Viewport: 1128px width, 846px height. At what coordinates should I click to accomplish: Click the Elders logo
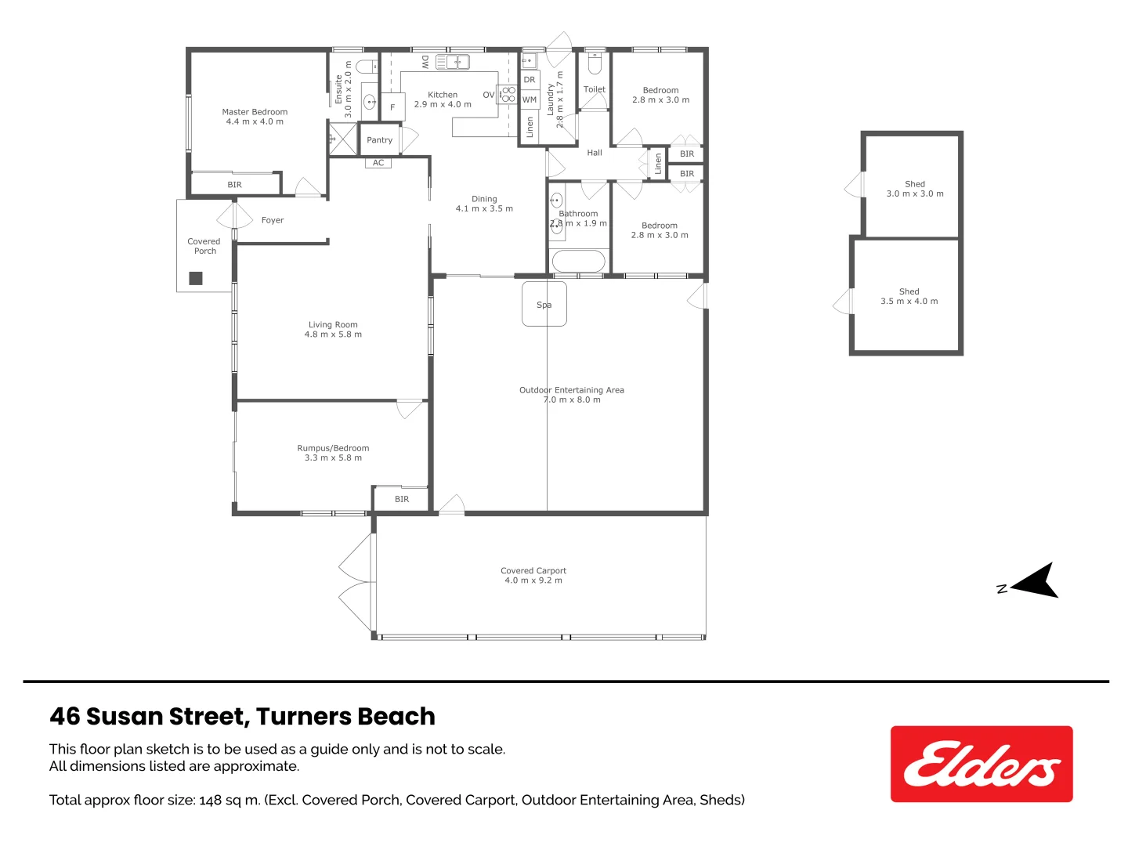point(981,764)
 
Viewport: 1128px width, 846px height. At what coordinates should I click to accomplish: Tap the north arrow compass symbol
point(1036,582)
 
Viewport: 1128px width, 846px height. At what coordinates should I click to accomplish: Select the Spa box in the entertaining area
point(544,304)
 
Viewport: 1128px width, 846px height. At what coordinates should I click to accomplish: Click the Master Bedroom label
point(255,112)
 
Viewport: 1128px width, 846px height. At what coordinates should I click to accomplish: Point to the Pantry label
point(379,140)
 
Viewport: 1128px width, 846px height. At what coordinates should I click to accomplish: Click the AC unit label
point(378,163)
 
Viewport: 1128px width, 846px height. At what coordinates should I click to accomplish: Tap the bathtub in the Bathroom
point(578,261)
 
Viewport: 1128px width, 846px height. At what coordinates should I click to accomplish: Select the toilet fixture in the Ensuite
point(365,66)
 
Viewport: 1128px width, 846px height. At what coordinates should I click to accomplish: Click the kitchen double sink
point(452,62)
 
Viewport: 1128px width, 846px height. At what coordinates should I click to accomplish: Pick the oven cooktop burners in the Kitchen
point(508,95)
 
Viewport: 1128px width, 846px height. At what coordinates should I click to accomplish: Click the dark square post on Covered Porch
point(196,278)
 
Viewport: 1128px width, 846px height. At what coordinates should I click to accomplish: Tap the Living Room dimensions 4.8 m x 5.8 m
point(333,334)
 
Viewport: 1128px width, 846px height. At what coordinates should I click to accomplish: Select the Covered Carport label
point(533,570)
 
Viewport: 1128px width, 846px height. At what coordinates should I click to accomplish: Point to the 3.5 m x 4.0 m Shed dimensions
point(909,301)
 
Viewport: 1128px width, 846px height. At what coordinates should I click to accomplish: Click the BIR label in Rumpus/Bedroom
point(401,499)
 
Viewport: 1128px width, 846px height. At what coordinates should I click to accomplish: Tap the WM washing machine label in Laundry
point(530,99)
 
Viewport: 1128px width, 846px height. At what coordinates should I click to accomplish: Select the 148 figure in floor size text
point(211,800)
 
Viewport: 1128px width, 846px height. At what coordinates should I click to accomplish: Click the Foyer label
point(272,220)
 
